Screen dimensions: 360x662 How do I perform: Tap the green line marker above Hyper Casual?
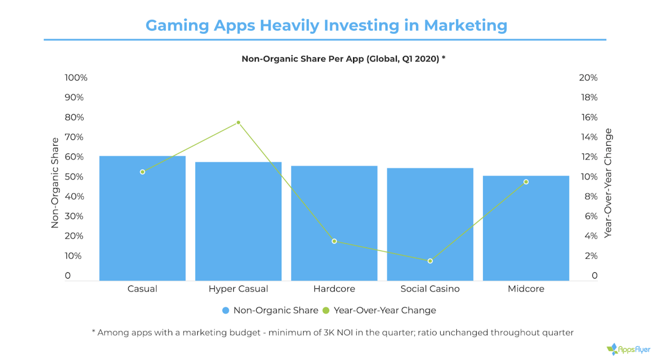[238, 122]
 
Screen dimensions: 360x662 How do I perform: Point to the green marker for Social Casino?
[430, 261]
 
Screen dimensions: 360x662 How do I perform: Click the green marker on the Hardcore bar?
[334, 241]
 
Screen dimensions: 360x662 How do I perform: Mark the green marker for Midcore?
[526, 182]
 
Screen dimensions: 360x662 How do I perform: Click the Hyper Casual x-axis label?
[238, 289]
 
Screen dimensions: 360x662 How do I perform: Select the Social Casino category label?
[430, 289]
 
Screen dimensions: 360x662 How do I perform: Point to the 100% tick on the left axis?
[76, 78]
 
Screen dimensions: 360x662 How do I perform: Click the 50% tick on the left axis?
[74, 177]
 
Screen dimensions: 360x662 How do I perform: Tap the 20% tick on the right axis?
[588, 78]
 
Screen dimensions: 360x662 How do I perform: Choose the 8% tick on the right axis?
[591, 197]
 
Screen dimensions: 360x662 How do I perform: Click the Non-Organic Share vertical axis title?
[55, 183]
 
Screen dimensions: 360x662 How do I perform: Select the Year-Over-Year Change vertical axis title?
[608, 183]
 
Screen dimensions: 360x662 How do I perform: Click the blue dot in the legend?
[225, 310]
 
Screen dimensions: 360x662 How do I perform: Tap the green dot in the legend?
[326, 310]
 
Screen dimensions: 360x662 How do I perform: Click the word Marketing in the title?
[465, 25]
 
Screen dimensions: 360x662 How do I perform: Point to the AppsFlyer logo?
[628, 350]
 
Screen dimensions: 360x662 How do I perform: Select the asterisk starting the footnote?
[94, 332]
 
